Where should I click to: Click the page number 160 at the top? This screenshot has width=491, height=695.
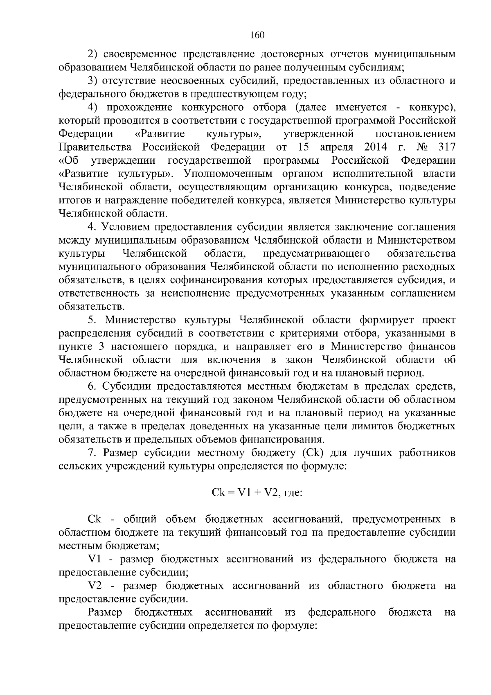coord(257,35)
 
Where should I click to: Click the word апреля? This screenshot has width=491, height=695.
coord(336,147)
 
